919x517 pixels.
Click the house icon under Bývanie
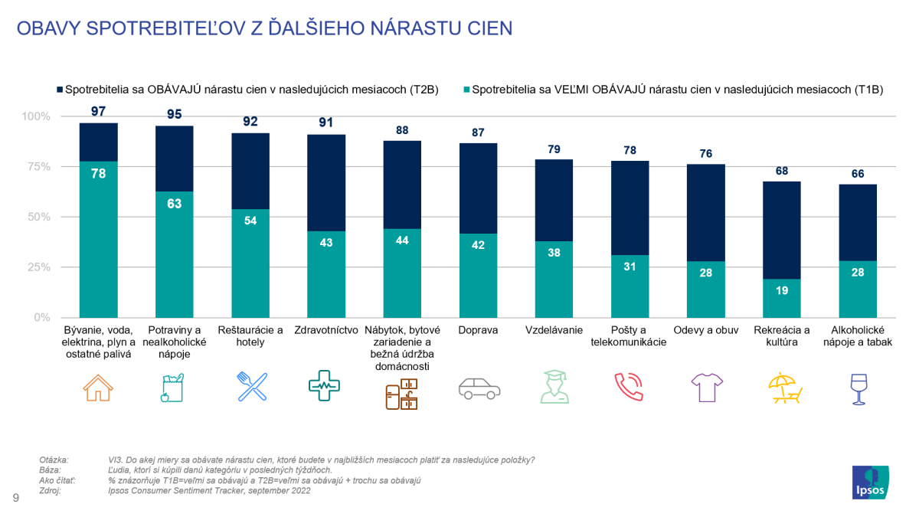pos(98,387)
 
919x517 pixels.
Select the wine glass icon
pos(858,388)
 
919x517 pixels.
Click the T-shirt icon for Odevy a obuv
pos(706,388)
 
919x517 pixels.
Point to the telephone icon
pos(630,387)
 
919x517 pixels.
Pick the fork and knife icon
pos(251,387)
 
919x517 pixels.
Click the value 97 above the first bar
pos(98,111)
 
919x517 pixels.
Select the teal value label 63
pos(175,204)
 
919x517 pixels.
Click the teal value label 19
pos(782,291)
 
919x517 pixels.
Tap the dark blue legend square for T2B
pos(59,89)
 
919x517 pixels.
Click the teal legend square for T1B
pos(466,89)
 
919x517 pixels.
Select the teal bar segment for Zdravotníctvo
pos(326,274)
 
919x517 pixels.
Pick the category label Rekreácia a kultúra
pos(782,336)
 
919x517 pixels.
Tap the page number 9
pos(15,499)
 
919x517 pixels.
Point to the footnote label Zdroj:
pos(50,491)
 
